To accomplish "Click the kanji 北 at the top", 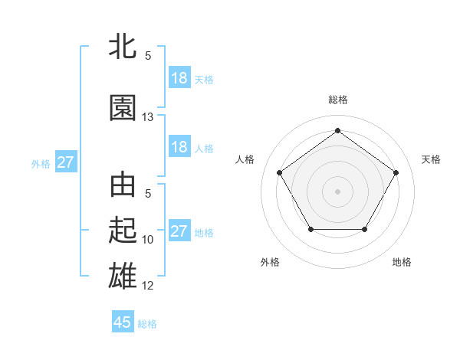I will point(123,47).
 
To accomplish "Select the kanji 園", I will point(123,108).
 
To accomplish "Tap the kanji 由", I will point(123,186).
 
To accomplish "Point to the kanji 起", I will point(123,231).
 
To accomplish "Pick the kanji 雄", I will point(123,275).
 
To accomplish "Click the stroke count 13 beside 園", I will point(148,117).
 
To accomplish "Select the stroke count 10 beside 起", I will point(148,240).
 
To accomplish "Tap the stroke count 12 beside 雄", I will point(148,286).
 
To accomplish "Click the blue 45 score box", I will point(123,322).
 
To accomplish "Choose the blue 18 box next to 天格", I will point(179,78).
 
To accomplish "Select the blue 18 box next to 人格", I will point(179,147).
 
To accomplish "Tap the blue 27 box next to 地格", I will point(179,231).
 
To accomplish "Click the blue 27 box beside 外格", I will point(65,162).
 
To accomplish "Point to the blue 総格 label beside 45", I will point(147,324).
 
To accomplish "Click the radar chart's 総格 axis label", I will point(337,100).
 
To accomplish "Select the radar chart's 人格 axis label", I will point(245,159).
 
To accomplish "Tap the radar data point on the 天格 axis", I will point(396,172).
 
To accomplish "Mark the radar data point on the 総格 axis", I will point(337,130).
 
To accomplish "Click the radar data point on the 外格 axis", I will point(310,229).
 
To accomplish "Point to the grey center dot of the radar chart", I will point(337,191).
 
